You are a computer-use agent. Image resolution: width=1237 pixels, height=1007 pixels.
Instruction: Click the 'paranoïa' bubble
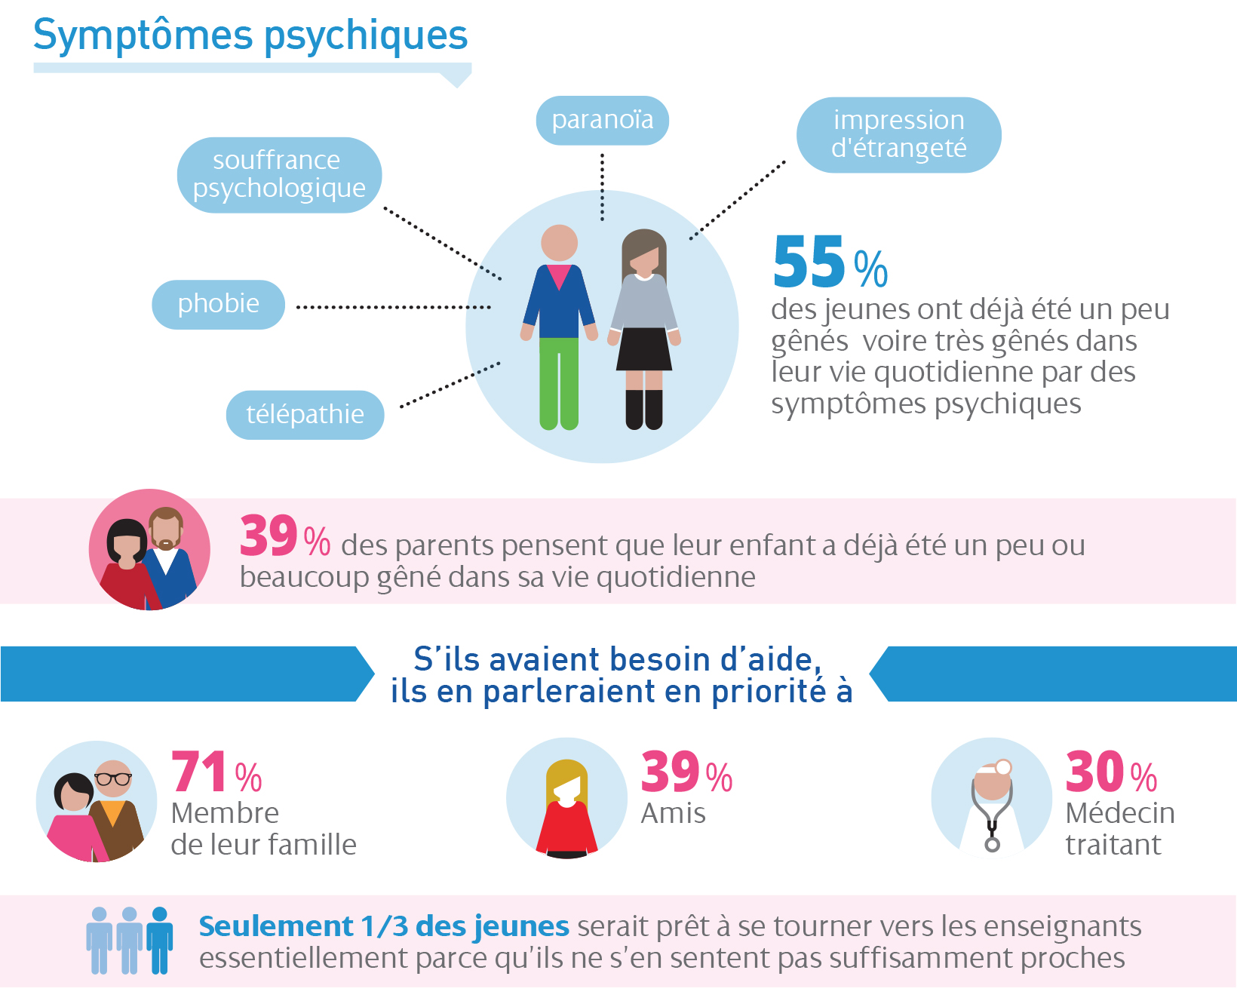602,120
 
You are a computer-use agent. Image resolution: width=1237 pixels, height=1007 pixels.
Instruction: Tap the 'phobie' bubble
218,304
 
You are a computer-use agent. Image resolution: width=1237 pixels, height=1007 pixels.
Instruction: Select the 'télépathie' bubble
305,414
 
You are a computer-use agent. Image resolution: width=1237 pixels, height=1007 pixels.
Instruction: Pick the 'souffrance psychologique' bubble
279,174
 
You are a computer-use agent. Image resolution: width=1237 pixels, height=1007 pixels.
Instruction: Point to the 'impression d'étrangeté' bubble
898,134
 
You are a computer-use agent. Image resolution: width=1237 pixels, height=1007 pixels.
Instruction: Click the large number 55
809,262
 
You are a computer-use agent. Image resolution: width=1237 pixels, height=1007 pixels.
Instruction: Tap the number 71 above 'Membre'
199,772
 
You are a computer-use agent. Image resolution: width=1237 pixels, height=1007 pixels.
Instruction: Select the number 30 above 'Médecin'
1095,772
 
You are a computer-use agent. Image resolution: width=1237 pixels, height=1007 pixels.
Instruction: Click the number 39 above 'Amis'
670,772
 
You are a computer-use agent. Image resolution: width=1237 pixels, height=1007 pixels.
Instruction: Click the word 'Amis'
673,813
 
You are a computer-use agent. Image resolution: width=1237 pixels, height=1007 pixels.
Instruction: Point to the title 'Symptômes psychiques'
250,35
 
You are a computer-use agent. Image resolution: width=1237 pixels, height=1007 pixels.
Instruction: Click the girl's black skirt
644,349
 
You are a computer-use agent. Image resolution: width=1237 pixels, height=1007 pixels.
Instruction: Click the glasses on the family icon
113,778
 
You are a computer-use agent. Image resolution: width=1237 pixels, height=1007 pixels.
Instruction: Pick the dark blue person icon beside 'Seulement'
159,941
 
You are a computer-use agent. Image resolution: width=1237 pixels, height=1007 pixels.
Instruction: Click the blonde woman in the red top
566,811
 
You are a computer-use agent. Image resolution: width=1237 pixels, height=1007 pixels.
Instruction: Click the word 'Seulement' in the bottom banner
276,926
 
